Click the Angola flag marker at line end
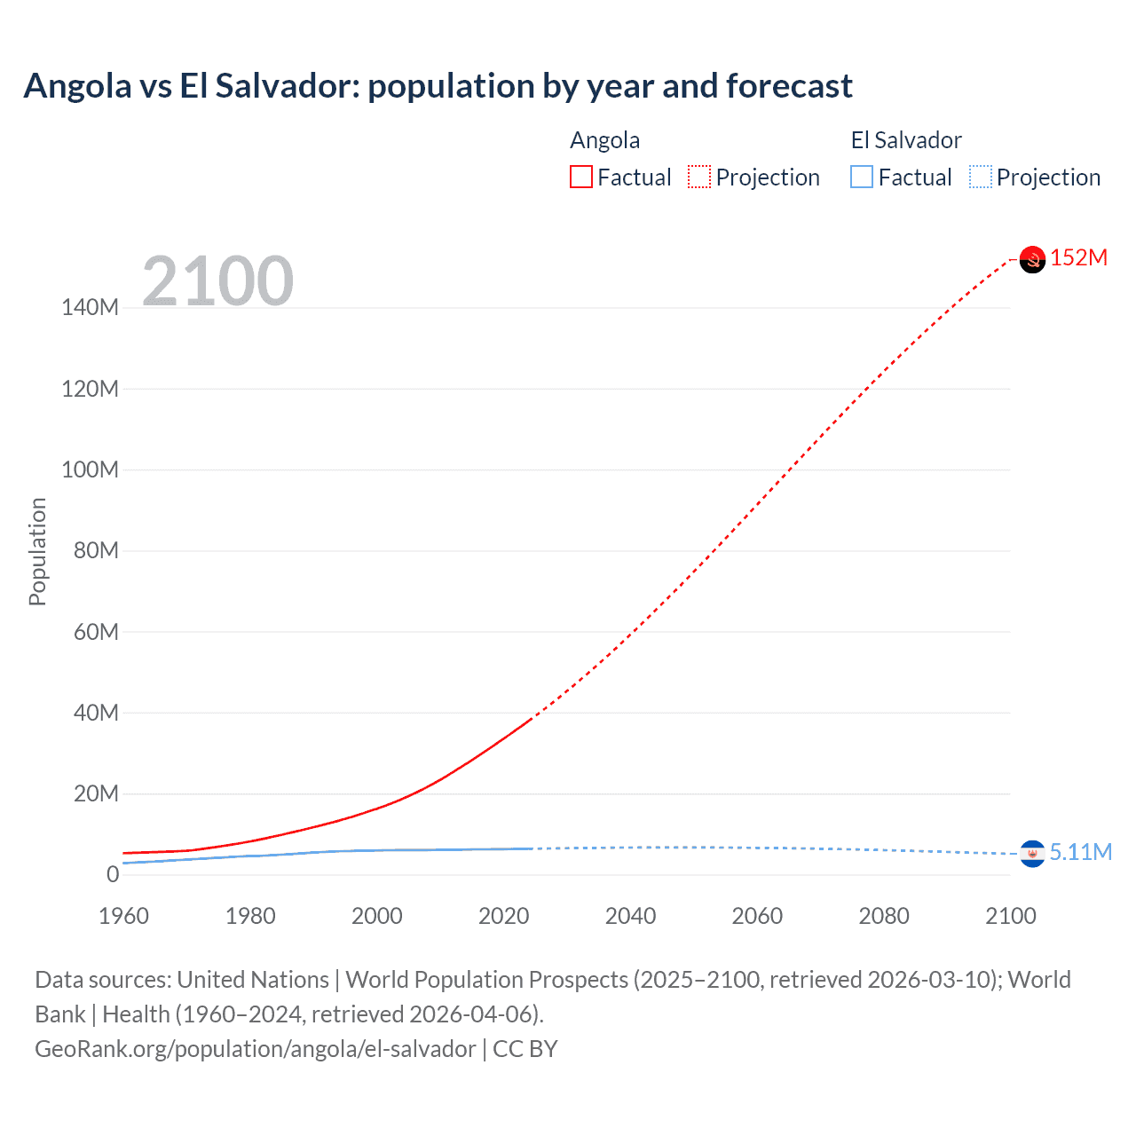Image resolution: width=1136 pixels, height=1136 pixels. (x=1032, y=259)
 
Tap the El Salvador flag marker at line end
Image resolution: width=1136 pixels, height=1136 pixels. (x=1032, y=854)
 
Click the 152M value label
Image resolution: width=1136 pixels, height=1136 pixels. (x=1079, y=258)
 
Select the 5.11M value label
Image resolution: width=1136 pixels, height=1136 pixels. (x=1081, y=853)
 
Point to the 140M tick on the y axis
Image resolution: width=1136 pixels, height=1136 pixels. (x=90, y=308)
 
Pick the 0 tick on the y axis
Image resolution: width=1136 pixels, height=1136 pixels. (x=113, y=875)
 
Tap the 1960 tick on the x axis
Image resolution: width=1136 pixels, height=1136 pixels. (x=123, y=916)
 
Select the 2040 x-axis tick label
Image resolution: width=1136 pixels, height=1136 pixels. (x=630, y=916)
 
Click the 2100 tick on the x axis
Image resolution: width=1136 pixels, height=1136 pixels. (x=1010, y=916)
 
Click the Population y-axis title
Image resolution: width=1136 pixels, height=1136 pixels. (x=37, y=551)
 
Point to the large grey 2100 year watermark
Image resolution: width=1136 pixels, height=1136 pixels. (x=217, y=281)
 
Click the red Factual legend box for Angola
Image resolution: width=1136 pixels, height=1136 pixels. (x=580, y=177)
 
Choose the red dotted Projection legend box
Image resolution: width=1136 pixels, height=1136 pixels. (x=699, y=177)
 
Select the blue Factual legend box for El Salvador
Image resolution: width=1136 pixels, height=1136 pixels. (x=862, y=177)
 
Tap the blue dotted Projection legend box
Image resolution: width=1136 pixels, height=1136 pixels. (x=980, y=177)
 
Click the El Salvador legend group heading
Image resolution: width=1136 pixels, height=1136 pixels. (x=906, y=140)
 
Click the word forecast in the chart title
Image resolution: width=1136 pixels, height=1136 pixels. (x=789, y=86)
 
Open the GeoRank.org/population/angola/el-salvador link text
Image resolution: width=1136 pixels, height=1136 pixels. (x=256, y=1049)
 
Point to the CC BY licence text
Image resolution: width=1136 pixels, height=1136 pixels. (x=525, y=1049)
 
